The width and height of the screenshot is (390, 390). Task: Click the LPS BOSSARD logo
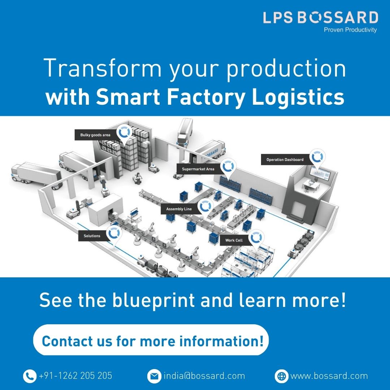320,18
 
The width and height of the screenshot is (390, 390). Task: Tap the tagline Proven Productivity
350,30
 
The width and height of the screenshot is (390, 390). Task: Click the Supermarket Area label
198,169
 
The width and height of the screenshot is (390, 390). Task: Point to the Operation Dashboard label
285,159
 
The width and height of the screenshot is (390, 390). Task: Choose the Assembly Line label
179,209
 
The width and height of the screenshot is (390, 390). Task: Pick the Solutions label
92,236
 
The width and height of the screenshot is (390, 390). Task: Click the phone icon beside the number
30,376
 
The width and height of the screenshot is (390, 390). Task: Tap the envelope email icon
154,376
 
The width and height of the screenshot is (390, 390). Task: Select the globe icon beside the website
281,376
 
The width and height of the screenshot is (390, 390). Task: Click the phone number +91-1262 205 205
75,376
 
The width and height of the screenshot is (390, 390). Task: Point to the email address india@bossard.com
204,376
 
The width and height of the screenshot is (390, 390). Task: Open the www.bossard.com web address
329,376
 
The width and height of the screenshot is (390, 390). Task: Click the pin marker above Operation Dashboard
318,158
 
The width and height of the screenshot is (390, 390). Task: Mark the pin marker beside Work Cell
256,238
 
